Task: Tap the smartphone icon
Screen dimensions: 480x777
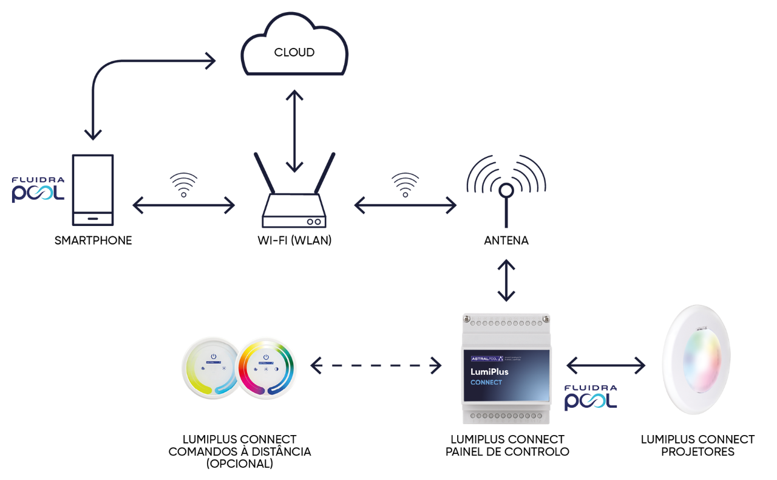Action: [x=93, y=190]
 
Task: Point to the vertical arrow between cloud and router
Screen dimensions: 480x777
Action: [x=295, y=131]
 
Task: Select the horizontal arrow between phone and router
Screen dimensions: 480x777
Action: [x=183, y=207]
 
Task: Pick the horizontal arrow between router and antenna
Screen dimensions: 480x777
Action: [x=405, y=207]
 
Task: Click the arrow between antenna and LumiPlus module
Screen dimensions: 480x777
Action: [x=506, y=281]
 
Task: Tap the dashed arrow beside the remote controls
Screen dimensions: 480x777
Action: [x=376, y=365]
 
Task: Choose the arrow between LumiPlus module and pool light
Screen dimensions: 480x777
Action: [x=606, y=365]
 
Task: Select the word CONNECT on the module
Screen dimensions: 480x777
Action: [x=486, y=383]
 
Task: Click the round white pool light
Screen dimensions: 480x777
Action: [x=696, y=360]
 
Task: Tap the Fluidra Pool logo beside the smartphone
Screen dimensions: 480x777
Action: [x=38, y=190]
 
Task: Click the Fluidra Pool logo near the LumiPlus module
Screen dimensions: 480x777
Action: [x=591, y=397]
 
